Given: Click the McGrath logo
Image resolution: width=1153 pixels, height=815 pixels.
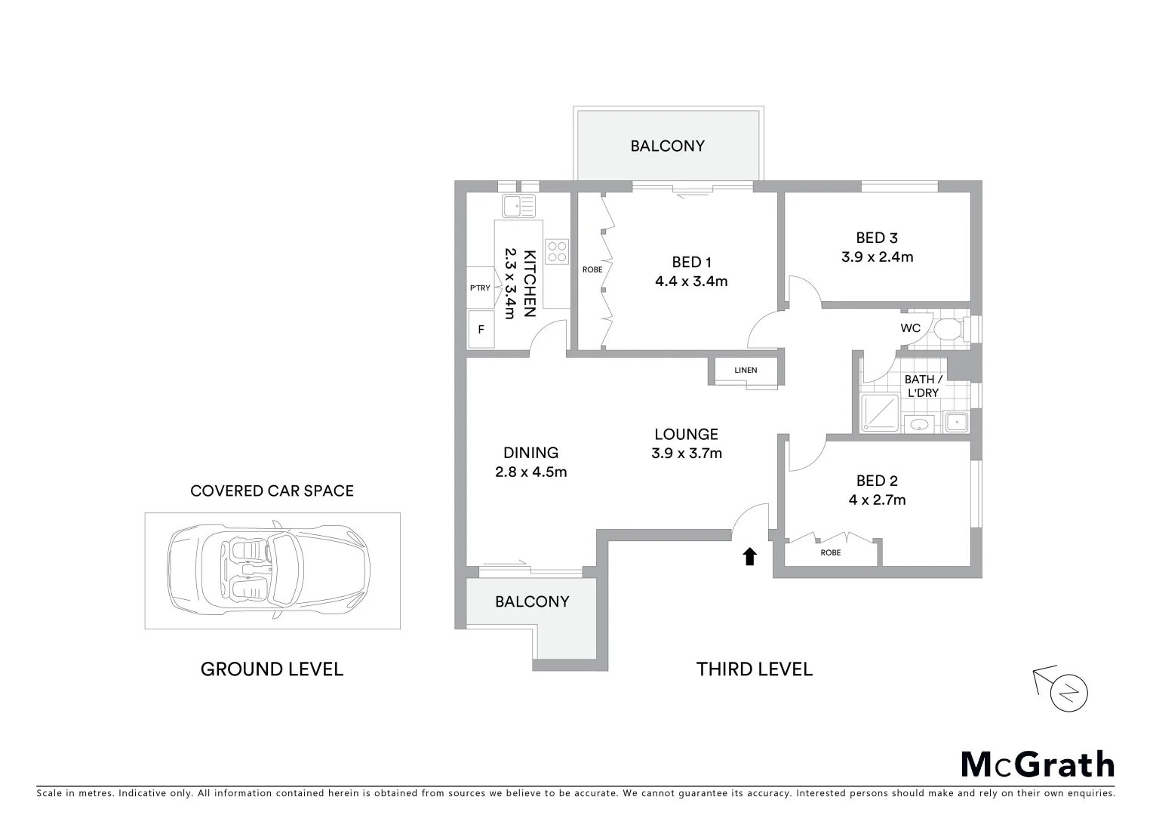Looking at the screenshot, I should tap(1037, 764).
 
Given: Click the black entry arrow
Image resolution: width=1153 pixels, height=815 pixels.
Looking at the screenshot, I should tap(749, 557).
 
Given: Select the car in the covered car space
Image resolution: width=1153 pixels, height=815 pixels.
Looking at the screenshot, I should tap(270, 570).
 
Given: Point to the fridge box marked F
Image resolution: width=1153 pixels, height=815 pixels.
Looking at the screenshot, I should tap(481, 330).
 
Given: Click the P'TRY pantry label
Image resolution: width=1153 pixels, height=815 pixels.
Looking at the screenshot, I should tap(480, 288).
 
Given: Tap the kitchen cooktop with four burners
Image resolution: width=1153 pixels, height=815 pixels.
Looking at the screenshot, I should tap(557, 251).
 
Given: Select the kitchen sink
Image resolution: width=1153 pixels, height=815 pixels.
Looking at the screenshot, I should tap(518, 205).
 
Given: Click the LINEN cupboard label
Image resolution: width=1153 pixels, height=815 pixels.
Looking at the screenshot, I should tap(746, 370).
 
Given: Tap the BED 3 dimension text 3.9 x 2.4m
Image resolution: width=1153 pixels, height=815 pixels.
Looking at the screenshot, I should tap(877, 257).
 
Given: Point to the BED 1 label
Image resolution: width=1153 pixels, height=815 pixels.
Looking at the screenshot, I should tap(691, 262).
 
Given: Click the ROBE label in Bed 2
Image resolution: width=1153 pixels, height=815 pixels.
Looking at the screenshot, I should tap(830, 552).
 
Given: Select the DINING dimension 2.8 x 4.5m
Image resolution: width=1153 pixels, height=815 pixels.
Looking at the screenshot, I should tap(530, 472).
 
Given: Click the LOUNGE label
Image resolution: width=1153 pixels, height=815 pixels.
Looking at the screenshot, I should tap(686, 434).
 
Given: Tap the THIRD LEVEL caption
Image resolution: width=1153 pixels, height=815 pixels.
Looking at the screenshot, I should tap(754, 669).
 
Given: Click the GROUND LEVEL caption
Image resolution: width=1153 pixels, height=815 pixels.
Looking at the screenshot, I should tap(272, 669).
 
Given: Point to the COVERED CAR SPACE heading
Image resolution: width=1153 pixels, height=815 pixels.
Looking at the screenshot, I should tap(272, 491).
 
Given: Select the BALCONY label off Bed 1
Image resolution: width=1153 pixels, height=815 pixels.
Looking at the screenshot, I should tap(667, 146).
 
